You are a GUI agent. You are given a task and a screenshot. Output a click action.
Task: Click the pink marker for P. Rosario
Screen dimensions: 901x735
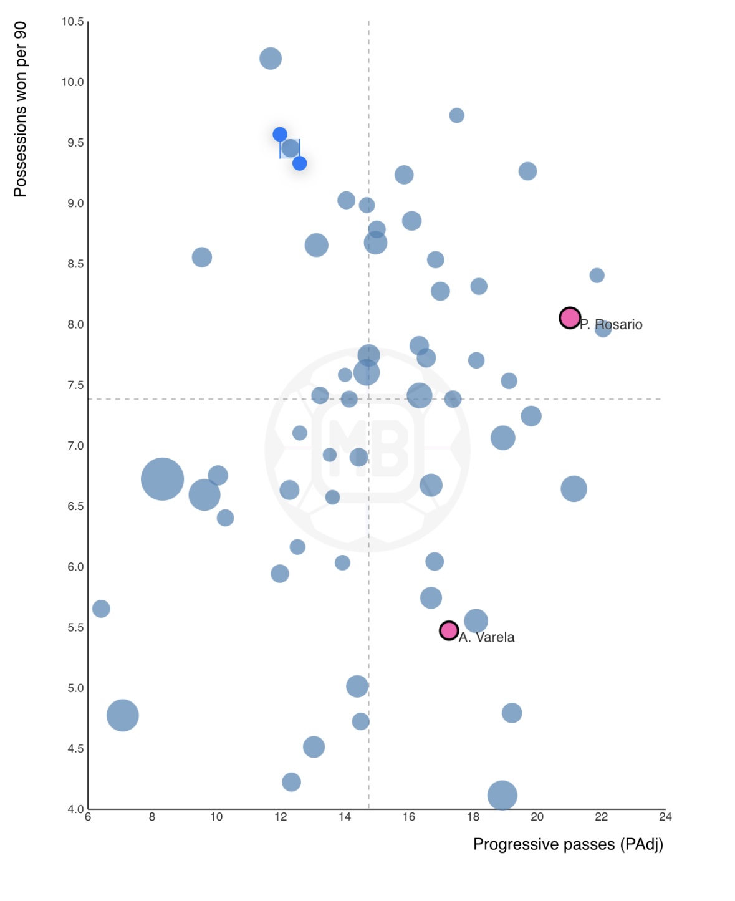570,318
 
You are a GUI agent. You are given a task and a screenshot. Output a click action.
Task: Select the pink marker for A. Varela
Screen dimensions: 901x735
449,630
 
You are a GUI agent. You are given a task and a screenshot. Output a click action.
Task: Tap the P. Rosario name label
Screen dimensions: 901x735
612,325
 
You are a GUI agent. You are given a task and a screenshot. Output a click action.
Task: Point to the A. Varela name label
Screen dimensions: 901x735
487,637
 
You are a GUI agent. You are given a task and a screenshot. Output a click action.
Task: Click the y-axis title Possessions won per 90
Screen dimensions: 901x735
21,109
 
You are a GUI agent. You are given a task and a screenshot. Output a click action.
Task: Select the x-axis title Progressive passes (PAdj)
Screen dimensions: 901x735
568,844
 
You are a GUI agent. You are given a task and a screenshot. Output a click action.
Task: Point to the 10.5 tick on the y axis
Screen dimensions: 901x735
72,22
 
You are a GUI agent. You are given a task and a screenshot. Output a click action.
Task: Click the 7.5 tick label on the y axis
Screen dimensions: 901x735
75,385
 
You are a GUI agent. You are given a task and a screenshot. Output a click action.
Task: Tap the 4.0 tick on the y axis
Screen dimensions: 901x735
75,809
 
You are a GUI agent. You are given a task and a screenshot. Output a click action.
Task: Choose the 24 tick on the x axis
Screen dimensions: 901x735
665,817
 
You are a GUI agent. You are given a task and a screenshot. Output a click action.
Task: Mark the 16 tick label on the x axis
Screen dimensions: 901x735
409,817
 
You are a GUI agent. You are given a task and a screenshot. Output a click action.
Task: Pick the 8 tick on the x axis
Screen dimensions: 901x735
152,817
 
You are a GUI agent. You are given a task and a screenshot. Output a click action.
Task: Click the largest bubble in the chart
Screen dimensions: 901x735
162,479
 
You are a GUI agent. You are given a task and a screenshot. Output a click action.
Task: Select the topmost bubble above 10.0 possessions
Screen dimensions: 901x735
271,59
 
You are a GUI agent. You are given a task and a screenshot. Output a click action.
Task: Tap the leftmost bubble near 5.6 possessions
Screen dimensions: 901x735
101,609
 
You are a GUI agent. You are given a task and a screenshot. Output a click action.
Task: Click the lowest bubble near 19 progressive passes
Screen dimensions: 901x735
502,795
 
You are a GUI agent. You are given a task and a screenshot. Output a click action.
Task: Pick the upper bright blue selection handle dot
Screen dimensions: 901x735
280,135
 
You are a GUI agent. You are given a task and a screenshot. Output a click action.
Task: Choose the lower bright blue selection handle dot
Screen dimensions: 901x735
300,163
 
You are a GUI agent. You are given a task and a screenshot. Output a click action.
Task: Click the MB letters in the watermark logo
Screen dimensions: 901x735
368,445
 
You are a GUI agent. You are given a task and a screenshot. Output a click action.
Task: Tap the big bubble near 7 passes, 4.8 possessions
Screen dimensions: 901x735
122,715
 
